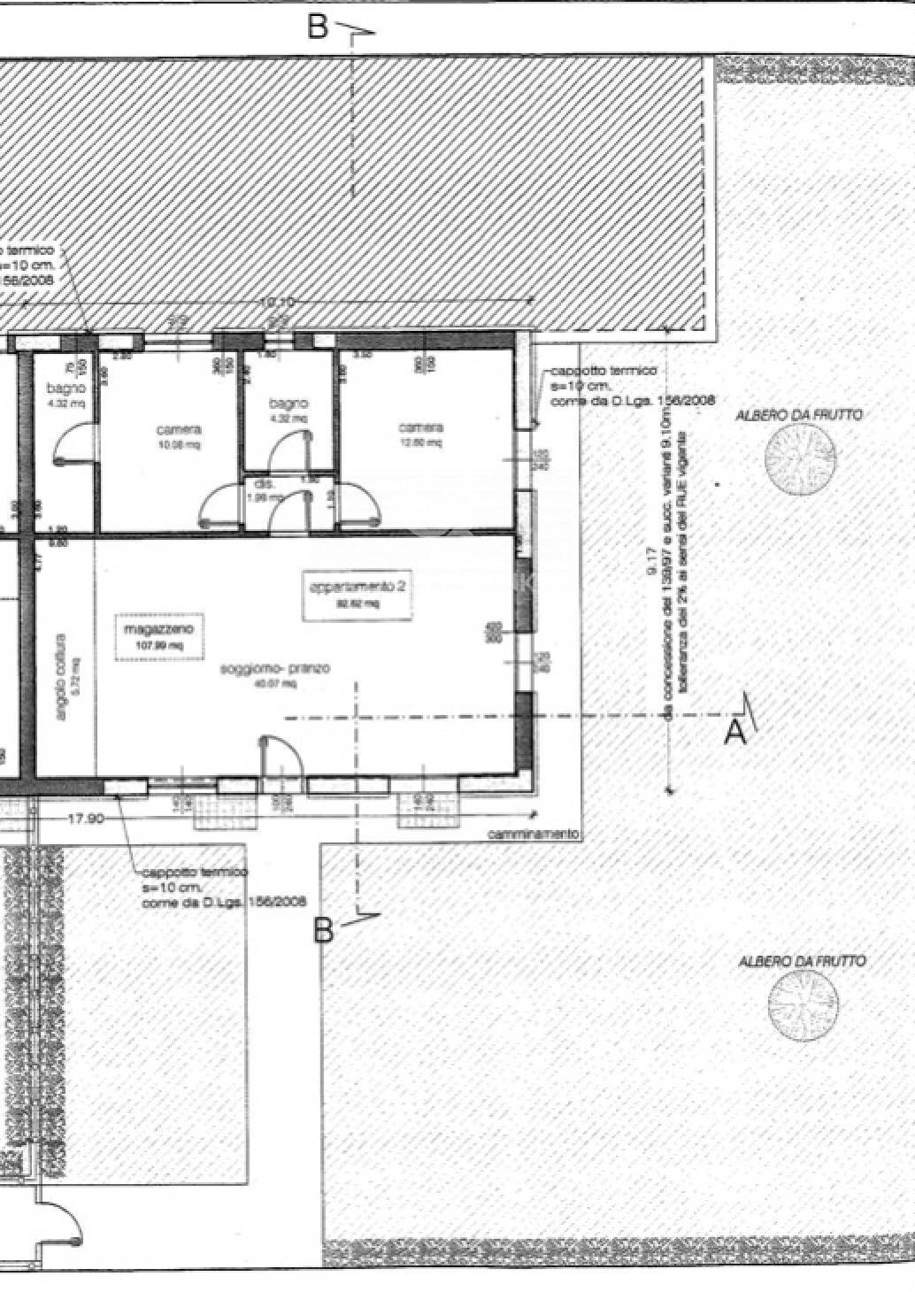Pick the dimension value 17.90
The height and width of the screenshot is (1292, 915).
(x=85, y=819)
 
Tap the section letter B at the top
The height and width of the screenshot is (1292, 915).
(x=317, y=27)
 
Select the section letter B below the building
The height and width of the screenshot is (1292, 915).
(x=324, y=930)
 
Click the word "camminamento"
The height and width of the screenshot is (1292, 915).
(x=534, y=834)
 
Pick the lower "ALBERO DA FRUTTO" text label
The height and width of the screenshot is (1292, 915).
(x=802, y=961)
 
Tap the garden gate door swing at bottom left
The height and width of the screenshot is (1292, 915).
(x=58, y=1226)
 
